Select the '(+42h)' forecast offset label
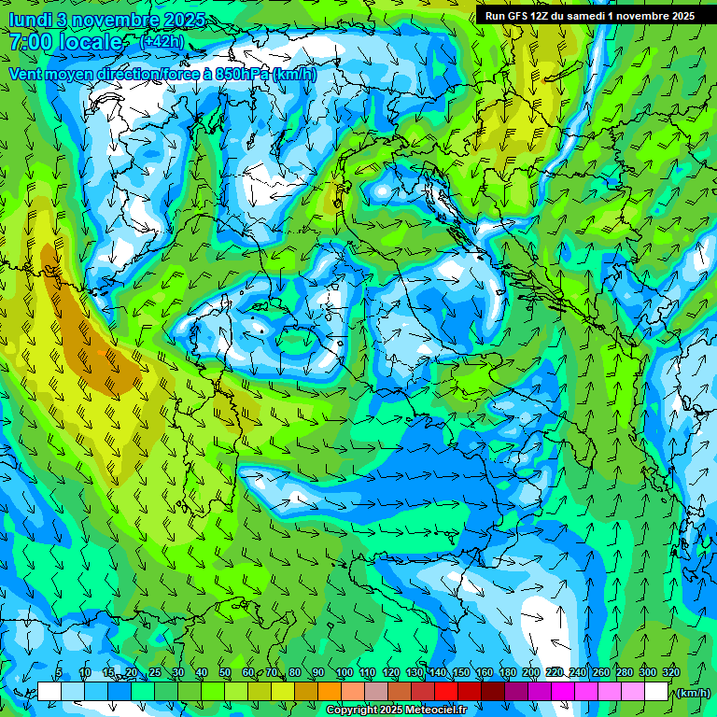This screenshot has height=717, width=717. [162, 42]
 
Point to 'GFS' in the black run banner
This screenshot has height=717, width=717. [519, 16]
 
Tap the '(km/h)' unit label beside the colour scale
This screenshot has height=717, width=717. [693, 693]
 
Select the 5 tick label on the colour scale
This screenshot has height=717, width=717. [59, 673]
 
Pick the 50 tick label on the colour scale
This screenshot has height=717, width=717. [225, 673]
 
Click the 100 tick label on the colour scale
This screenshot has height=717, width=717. [344, 673]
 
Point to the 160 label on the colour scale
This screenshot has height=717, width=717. [485, 673]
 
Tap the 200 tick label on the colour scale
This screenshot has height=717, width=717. [531, 673]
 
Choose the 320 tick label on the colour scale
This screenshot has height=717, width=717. [671, 673]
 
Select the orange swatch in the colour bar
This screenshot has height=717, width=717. [330, 692]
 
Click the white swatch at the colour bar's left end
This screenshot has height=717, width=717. [49, 692]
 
